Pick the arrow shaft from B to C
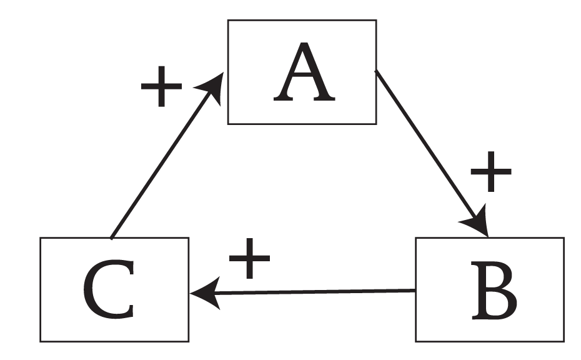(312, 292)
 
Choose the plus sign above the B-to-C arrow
(249, 258)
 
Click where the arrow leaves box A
(375, 71)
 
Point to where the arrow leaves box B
(415, 291)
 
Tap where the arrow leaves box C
(111, 238)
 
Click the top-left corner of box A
(228, 21)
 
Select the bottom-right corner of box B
(564, 341)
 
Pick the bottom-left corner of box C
(41, 341)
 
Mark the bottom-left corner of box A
(228, 124)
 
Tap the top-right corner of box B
(564, 238)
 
